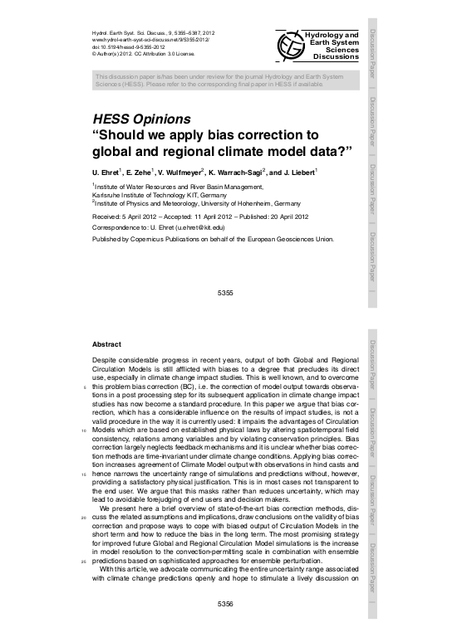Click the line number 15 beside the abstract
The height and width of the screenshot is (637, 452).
[x=83, y=475]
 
